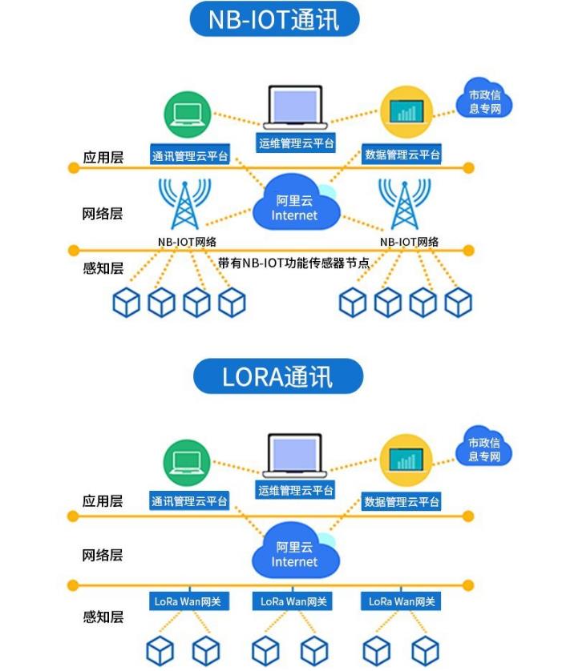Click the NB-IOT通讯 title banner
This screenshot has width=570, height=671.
pyautogui.click(x=274, y=19)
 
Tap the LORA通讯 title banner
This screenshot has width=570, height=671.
pyautogui.click(x=278, y=376)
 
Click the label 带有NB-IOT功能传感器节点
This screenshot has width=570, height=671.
pyautogui.click(x=293, y=263)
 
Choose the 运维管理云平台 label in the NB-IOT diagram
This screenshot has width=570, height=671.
pyautogui.click(x=297, y=144)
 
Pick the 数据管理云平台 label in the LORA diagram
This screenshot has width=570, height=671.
pyautogui.click(x=402, y=502)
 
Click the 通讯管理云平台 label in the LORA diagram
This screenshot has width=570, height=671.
pyautogui.click(x=190, y=502)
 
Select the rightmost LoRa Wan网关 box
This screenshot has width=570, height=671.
pyautogui.click(x=402, y=601)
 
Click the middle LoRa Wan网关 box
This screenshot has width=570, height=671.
pyautogui.click(x=294, y=601)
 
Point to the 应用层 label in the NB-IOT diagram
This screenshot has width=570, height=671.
pyautogui.click(x=103, y=158)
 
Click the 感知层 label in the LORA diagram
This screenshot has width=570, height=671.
pyautogui.click(x=103, y=617)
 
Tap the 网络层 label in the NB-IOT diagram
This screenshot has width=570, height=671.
pyautogui.click(x=103, y=214)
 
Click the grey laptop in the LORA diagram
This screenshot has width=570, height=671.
pyautogui.click(x=296, y=454)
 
